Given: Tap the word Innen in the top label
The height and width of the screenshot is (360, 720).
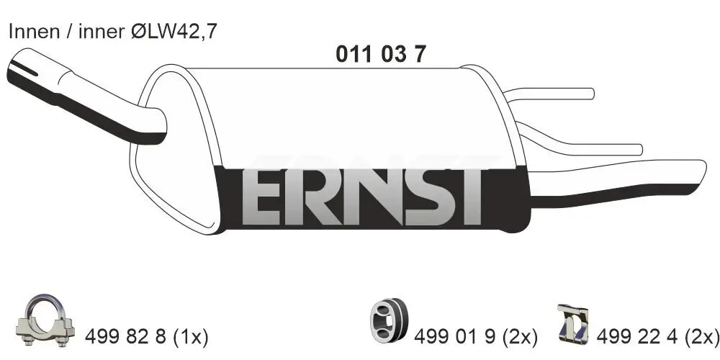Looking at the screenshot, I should click(x=28, y=32).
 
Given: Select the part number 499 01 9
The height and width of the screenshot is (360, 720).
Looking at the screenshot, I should click(x=456, y=335).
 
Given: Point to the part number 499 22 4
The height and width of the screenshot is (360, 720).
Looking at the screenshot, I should click(x=644, y=335).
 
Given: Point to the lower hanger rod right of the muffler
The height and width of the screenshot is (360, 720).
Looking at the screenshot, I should click(x=590, y=148).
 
